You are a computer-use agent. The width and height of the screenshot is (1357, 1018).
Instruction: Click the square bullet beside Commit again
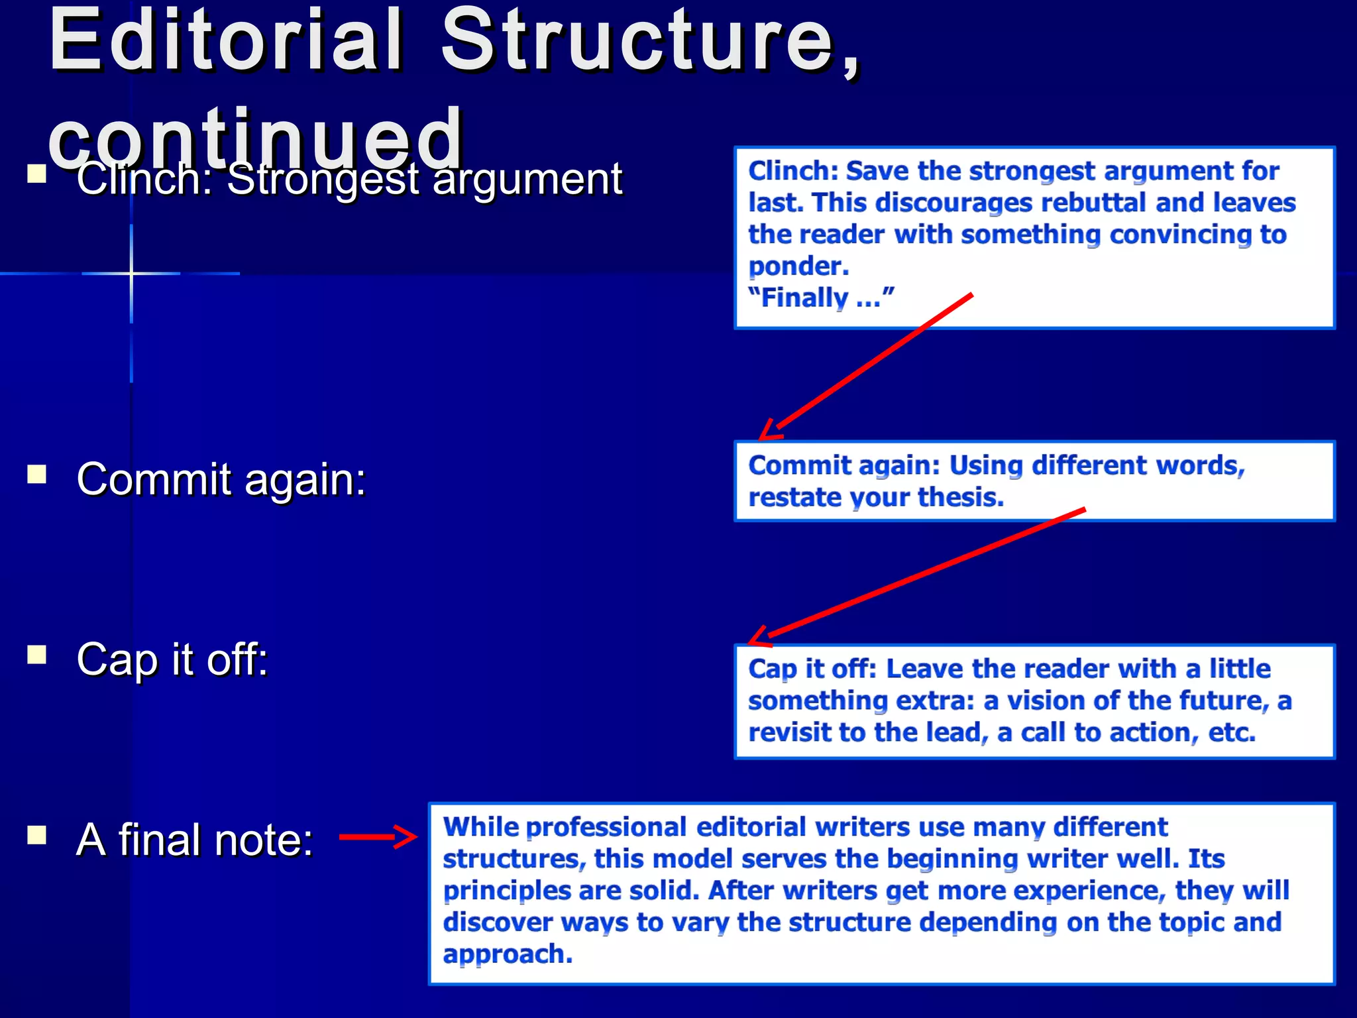(x=37, y=475)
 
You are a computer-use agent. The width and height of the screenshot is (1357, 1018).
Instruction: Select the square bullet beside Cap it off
(x=37, y=655)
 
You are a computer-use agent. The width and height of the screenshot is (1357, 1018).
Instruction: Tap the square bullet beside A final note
(x=37, y=835)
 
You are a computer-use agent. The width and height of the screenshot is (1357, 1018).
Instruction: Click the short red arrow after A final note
(x=378, y=837)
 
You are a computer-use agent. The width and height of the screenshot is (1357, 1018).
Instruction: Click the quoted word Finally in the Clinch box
(x=804, y=298)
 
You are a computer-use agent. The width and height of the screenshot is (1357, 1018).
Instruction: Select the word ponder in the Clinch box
(x=798, y=266)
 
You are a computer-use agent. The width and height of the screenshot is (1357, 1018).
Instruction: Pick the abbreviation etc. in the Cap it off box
(x=1232, y=732)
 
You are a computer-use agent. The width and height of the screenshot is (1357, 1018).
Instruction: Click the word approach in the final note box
(x=507, y=954)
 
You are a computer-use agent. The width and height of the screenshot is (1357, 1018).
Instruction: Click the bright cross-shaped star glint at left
(x=131, y=273)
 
